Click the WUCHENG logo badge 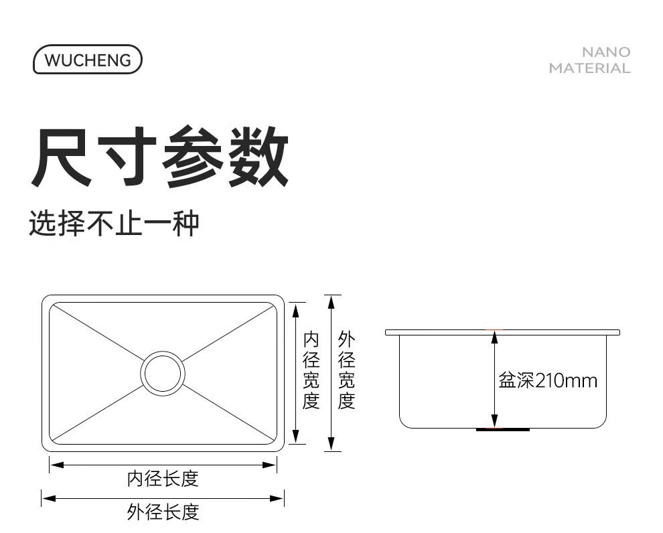[88, 60]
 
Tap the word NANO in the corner [605, 52]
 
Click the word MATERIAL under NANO [589, 68]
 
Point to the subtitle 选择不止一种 [114, 223]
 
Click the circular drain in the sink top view [162, 372]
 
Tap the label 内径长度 [163, 479]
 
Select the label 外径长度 [163, 512]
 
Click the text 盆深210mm [547, 381]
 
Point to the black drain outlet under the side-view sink [502, 429]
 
